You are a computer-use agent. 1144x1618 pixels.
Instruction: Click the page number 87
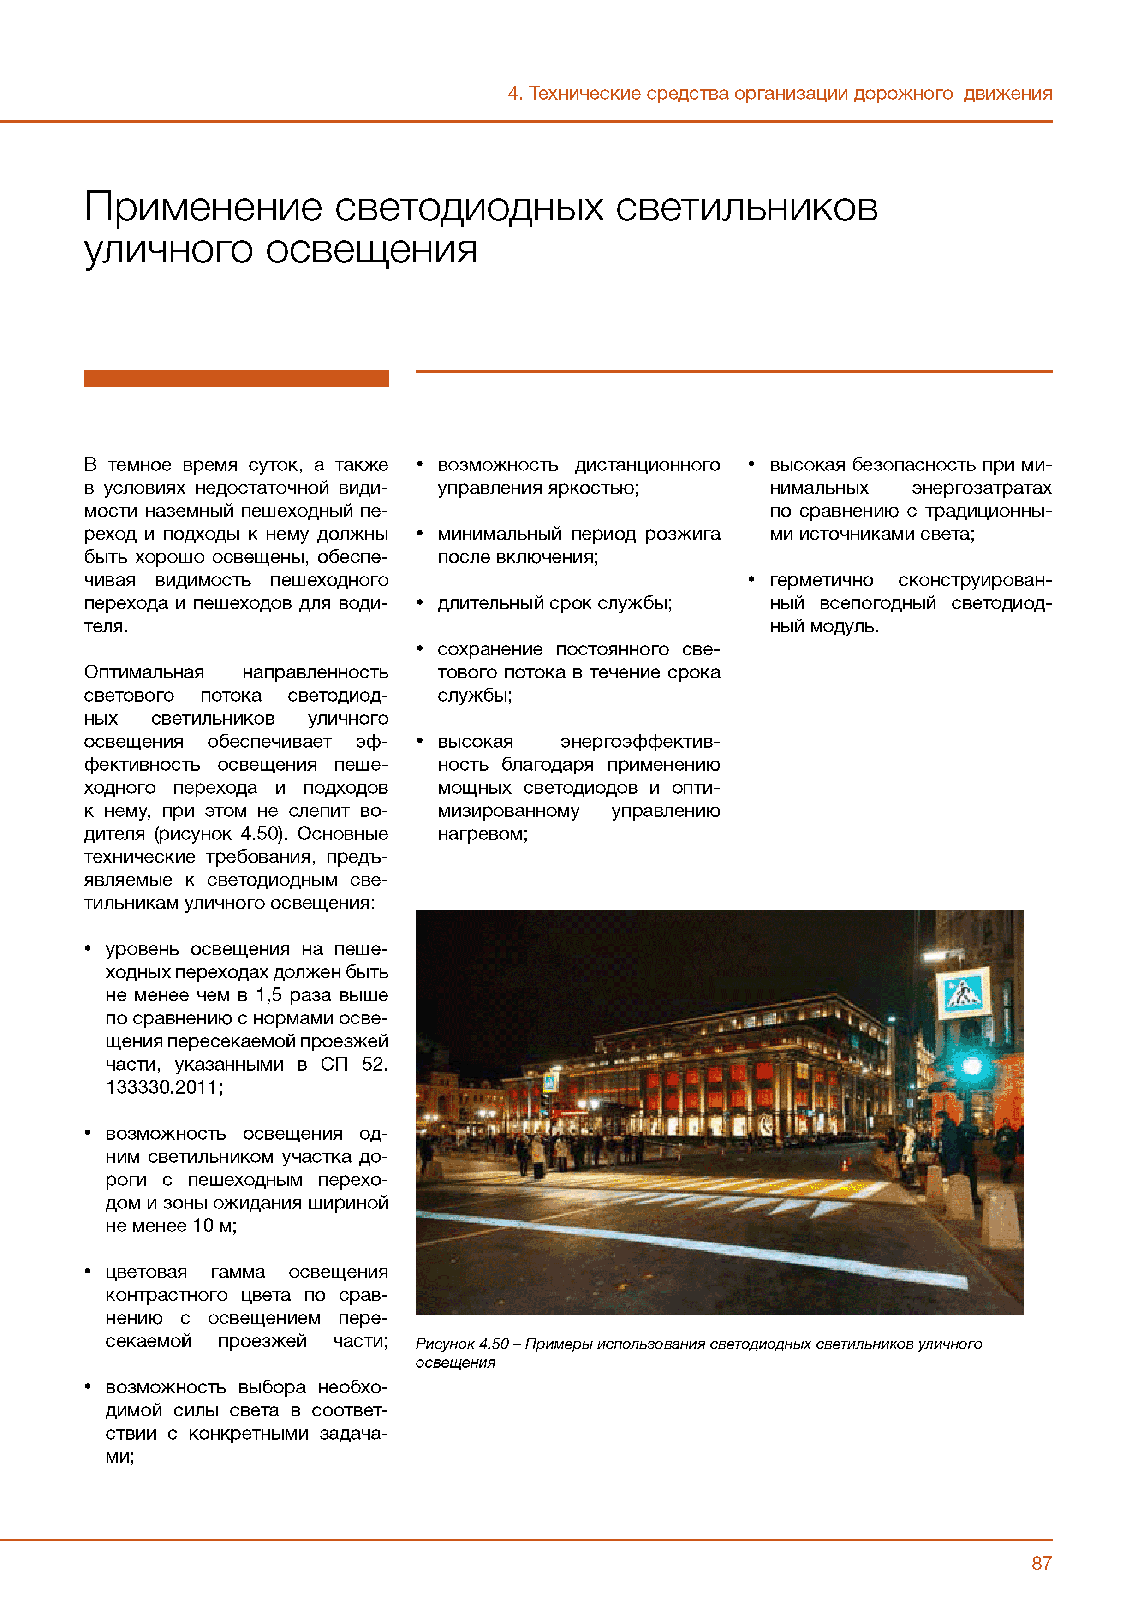[x=1041, y=1563]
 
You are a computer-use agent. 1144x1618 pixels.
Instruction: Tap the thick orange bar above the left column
[x=236, y=378]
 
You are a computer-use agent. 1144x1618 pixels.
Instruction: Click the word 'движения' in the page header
[x=1007, y=94]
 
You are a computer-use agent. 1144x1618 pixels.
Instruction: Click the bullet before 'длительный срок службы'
[x=420, y=602]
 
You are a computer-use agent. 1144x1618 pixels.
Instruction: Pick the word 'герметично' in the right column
[x=821, y=580]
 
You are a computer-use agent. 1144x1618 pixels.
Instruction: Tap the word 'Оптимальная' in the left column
[x=144, y=672]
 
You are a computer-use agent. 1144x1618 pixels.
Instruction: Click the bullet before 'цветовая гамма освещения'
[x=88, y=1271]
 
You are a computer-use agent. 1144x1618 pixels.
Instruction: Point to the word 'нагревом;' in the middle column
[x=482, y=833]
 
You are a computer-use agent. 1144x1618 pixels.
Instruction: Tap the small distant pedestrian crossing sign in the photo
[x=550, y=1083]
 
